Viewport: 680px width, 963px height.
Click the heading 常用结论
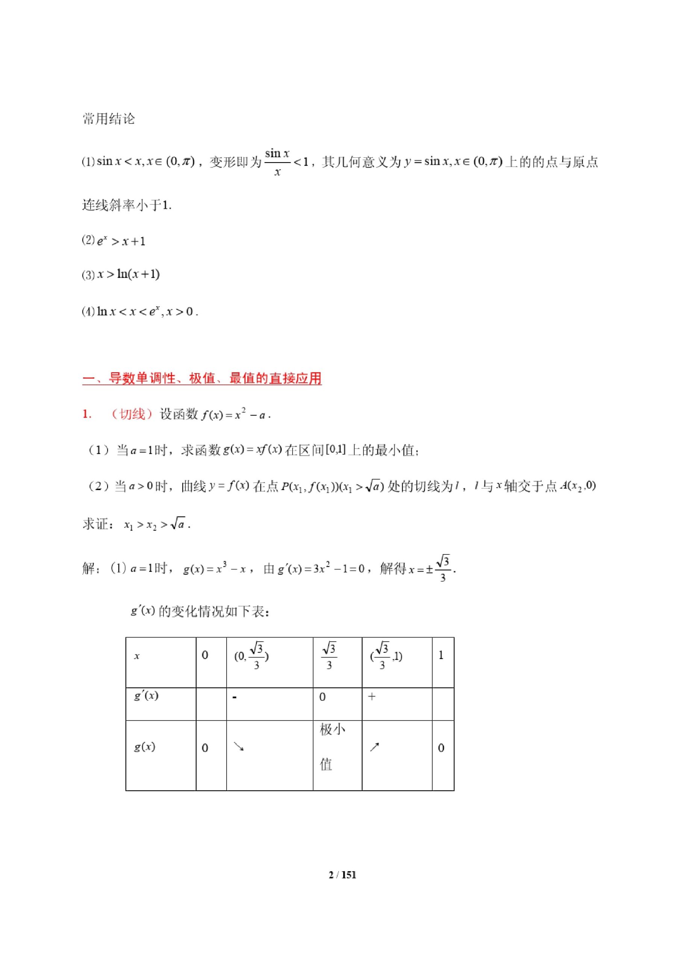point(109,119)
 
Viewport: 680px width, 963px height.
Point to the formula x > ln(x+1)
point(128,275)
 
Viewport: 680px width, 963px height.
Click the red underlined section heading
point(201,378)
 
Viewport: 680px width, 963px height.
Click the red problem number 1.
point(87,415)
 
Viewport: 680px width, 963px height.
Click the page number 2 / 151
point(342,875)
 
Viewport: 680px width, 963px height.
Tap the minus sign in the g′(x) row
point(234,697)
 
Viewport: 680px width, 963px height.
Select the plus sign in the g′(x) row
point(371,697)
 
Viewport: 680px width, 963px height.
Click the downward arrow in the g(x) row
point(239,747)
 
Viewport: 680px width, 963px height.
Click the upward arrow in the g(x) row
point(374,747)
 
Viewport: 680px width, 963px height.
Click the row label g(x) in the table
point(145,747)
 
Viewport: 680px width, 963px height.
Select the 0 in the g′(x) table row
point(323,697)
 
